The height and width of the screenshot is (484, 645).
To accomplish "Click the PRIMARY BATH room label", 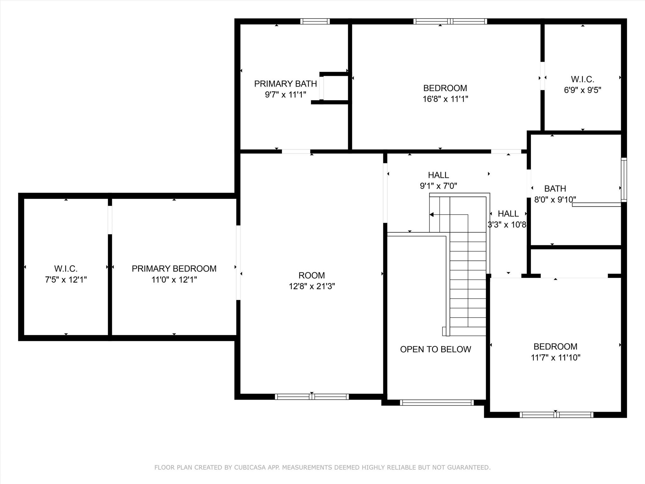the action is click(x=285, y=84).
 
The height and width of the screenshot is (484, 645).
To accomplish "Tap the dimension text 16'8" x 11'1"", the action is click(x=445, y=99).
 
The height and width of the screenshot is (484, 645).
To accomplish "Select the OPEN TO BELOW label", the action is click(x=436, y=349).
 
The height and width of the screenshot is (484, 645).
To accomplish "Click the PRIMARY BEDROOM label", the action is click(x=174, y=268).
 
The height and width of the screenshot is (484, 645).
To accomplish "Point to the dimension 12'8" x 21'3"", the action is click(x=312, y=286).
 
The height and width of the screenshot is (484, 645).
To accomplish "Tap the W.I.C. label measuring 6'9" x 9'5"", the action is click(x=583, y=79).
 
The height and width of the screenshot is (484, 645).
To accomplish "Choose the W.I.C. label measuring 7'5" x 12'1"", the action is click(x=66, y=269).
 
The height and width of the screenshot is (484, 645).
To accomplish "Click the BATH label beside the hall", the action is click(x=555, y=188).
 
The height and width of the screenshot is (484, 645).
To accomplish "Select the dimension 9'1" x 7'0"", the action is click(x=438, y=186).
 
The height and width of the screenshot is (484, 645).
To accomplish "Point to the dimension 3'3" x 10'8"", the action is click(x=507, y=225).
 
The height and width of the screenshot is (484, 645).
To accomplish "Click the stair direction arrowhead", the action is click(x=431, y=215).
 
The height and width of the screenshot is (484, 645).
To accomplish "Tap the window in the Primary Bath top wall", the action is click(x=315, y=21).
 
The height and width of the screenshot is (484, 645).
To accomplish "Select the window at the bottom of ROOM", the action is click(x=312, y=397).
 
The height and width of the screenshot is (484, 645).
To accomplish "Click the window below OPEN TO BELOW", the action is click(x=437, y=402).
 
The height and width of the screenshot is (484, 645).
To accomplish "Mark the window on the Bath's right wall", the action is click(x=624, y=180).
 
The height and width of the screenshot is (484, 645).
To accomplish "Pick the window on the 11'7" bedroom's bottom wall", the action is click(x=557, y=415).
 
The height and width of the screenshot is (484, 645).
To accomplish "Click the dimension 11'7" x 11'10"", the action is click(x=556, y=357).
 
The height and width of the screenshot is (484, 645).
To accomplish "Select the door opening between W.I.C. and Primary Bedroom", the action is click(x=110, y=220).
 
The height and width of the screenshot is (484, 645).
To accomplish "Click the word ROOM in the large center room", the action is click(x=312, y=275).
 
